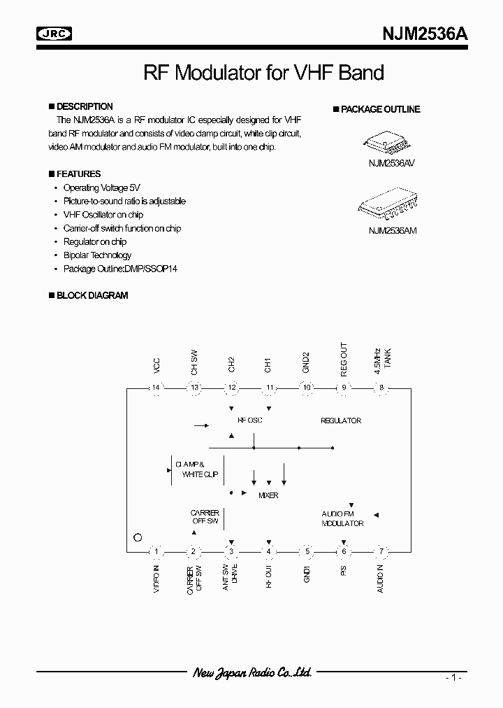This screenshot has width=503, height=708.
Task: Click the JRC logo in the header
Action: (x=55, y=33)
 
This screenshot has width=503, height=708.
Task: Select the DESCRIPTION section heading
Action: (x=84, y=107)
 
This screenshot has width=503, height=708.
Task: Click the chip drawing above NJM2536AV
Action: (x=385, y=144)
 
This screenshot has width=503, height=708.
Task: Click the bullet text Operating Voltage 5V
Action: (x=101, y=188)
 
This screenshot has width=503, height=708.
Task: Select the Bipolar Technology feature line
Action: (x=97, y=255)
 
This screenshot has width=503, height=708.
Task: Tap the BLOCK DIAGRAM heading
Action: (x=92, y=295)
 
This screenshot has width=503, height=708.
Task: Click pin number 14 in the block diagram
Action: (x=156, y=388)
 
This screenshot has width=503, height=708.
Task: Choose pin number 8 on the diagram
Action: (x=381, y=388)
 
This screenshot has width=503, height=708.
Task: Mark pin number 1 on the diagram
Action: (x=156, y=551)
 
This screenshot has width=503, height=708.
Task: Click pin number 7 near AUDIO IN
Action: (x=381, y=551)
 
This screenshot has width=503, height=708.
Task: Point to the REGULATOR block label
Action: (x=341, y=420)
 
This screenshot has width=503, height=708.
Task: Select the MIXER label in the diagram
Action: (x=268, y=495)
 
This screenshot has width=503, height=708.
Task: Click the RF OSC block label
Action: (x=250, y=420)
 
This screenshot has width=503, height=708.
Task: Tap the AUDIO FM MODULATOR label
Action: (x=342, y=518)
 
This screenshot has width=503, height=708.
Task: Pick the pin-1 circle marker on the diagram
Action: (x=138, y=538)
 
